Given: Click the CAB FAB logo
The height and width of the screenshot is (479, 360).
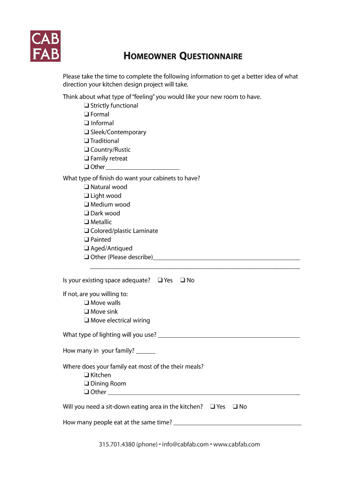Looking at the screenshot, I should [45, 46].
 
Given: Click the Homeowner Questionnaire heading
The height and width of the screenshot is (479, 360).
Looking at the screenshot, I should [183, 57].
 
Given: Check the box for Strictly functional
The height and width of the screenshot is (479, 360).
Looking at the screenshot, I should [87, 106].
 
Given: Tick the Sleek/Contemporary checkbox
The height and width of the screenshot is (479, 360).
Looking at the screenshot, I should [87, 132].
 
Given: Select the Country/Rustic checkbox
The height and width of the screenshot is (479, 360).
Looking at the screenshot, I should [87, 150].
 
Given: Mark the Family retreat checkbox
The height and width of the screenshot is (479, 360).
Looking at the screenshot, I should [87, 159].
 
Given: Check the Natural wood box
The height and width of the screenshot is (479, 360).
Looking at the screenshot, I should [87, 187].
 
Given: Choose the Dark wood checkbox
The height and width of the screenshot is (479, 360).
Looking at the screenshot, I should [87, 213].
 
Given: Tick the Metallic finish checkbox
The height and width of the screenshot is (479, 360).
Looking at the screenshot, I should [87, 222].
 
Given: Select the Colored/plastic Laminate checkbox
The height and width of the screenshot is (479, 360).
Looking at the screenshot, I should [87, 231].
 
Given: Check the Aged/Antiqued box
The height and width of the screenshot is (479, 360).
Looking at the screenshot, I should [87, 248].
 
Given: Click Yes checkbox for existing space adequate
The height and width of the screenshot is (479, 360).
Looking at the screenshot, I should [160, 280].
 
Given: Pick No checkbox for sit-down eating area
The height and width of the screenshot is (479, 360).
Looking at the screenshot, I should [235, 406].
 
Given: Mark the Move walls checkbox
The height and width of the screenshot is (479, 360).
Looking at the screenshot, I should [87, 303].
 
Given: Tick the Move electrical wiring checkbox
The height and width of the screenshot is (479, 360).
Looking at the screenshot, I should [87, 320].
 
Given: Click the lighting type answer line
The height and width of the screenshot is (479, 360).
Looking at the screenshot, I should [229, 335].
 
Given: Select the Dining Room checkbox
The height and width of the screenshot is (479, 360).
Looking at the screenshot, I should [87, 384].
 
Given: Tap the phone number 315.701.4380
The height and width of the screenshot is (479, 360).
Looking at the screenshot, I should [116, 444].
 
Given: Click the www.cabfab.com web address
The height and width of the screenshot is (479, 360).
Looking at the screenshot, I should [237, 444].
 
